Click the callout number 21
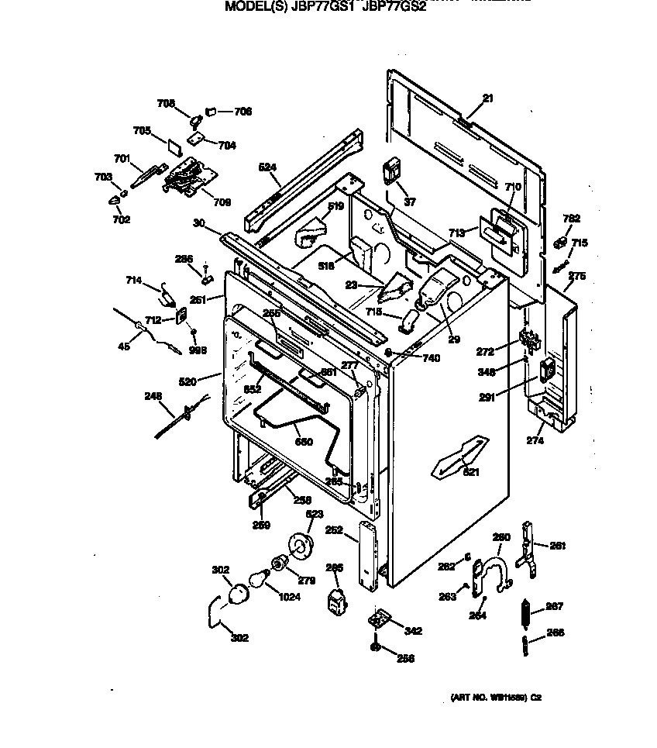487,98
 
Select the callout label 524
267,167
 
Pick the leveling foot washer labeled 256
375,646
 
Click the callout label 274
535,440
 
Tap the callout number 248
153,396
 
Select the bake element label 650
304,443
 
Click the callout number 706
243,112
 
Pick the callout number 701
122,159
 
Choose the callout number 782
571,219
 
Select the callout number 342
414,631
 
